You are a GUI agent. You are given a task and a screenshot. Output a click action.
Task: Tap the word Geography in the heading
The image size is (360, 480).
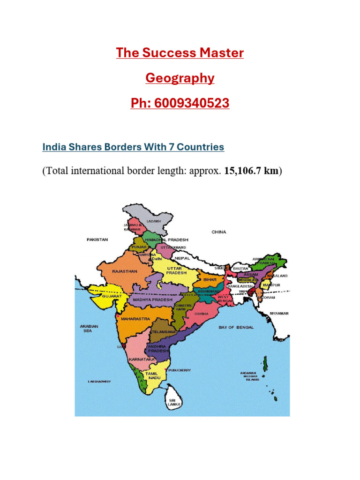coord(180,78)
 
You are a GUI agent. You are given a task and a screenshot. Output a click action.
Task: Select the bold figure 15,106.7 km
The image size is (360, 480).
coord(252,171)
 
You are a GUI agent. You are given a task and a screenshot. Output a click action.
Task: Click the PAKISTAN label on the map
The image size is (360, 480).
coord(97,240)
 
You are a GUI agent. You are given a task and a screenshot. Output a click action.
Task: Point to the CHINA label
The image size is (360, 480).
coord(218,232)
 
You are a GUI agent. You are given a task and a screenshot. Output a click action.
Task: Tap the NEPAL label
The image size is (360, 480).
coord(182,258)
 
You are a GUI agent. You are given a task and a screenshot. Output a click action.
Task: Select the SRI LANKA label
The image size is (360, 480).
coord(174,401)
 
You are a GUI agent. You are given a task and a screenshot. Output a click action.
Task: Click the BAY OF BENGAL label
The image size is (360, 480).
coord(236,327)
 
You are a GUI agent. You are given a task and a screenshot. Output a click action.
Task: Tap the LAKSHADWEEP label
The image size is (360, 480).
coord(99,382)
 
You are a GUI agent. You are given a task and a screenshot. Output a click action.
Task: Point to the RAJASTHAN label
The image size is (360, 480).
coord(125,271)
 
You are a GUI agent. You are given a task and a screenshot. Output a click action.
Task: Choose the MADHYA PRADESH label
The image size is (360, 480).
coord(153,300)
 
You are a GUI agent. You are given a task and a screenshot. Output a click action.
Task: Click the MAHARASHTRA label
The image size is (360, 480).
coord(135,319)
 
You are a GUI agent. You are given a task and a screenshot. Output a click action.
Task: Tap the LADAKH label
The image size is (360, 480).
coord(154,221)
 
